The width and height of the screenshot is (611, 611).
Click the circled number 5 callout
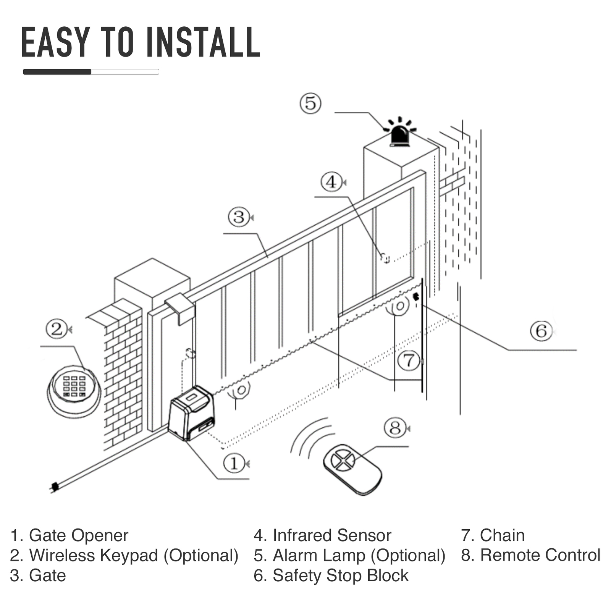coord(310,103)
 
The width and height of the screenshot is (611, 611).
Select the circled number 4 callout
coord(331,182)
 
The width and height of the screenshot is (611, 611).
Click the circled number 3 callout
coord(239,217)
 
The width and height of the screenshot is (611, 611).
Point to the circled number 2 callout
coord(57,329)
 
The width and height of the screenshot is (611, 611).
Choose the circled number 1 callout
coord(234,463)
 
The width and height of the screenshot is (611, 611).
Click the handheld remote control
coord(352,469)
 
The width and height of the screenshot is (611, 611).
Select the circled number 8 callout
coord(395,428)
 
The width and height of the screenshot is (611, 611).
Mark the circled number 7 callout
coord(409,360)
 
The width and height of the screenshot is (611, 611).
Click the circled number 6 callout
coord(541,331)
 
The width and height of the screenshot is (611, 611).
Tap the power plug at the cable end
coord(54,487)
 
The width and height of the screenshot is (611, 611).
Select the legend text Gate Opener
coord(78,535)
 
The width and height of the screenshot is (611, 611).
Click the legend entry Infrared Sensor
coord(331,535)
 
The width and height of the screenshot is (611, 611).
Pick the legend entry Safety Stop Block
coord(340,575)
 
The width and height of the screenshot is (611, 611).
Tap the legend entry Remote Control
coord(540,555)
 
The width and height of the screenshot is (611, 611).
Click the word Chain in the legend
coord(502,535)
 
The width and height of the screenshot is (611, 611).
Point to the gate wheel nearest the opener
coord(241,391)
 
